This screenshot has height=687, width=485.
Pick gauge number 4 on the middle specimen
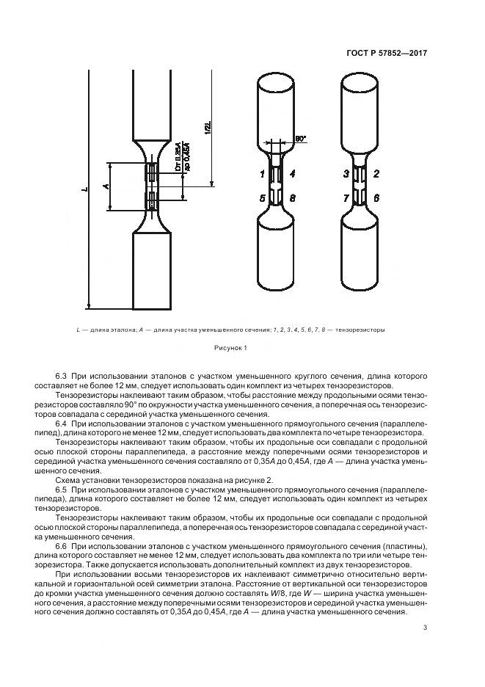[293, 174]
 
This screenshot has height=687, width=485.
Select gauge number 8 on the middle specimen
[293, 198]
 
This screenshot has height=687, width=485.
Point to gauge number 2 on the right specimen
[376, 174]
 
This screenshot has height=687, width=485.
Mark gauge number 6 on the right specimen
[376, 198]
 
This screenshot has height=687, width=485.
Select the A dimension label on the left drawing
[105, 187]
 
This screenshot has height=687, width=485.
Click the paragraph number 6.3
[62, 377]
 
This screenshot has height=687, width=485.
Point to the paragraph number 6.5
[62, 489]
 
